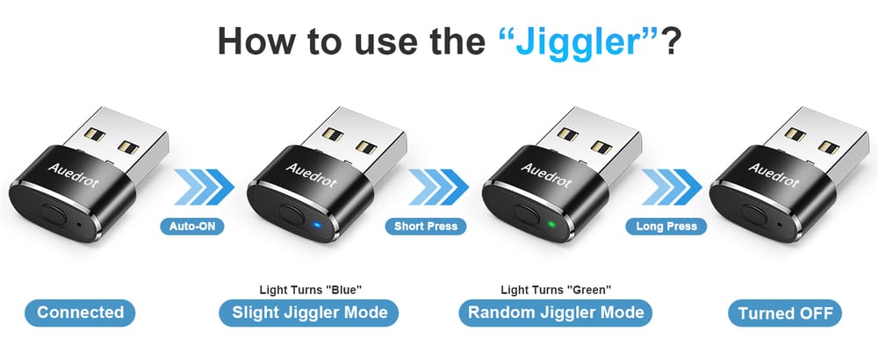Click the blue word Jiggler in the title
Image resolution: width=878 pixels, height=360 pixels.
click(x=579, y=40)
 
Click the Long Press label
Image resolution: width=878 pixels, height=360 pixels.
click(x=666, y=227)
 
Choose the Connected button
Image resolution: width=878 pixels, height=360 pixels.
click(x=80, y=313)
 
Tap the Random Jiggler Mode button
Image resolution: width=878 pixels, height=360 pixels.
click(x=556, y=313)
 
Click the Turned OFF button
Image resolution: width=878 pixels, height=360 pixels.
click(x=785, y=313)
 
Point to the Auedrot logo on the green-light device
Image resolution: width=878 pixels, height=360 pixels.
click(x=546, y=176)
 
